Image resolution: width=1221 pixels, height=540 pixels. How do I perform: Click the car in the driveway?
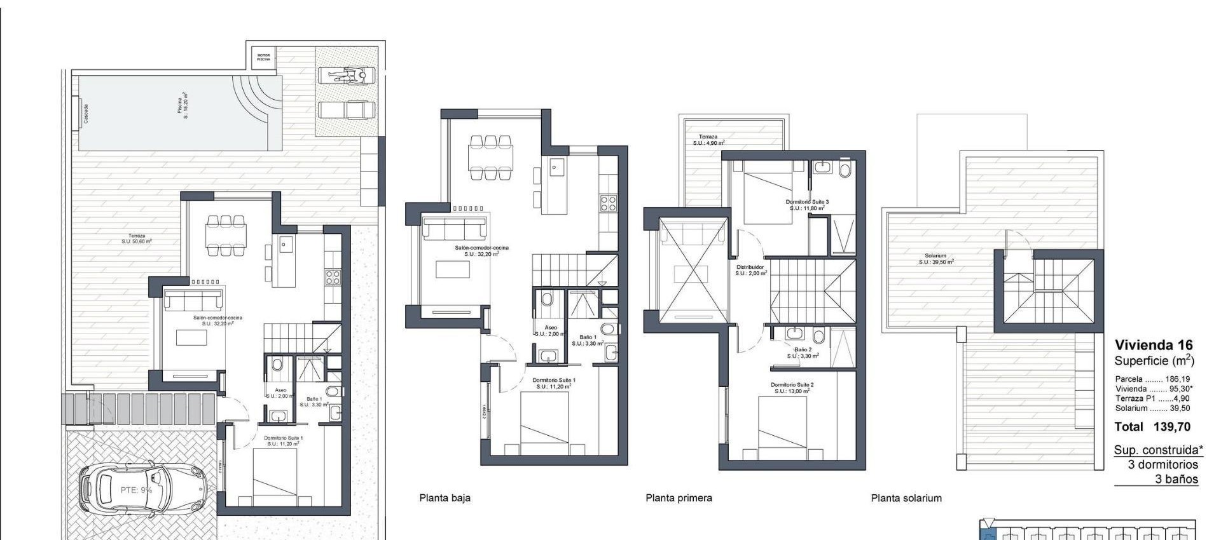click(x=143, y=490)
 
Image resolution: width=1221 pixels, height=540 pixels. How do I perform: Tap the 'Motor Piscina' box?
click(x=263, y=57)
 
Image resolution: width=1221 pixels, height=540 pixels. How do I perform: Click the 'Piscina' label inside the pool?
click(x=182, y=105)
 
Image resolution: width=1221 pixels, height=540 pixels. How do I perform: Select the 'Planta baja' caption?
click(x=445, y=498)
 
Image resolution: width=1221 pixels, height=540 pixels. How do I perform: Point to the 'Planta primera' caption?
click(x=679, y=498)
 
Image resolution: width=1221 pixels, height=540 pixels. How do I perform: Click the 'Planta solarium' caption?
click(x=906, y=498)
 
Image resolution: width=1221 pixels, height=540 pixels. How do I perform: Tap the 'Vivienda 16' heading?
click(x=1154, y=346)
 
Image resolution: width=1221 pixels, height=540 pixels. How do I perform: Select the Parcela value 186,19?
click(x=1177, y=379)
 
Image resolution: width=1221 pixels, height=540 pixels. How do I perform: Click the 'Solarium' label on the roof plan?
click(x=935, y=259)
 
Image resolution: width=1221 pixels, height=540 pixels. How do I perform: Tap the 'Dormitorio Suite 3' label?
click(x=807, y=205)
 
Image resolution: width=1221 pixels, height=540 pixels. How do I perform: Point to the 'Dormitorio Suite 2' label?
click(x=792, y=388)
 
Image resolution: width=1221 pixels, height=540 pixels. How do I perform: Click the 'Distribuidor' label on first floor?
click(x=750, y=270)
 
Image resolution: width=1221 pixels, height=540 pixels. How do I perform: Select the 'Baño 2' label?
click(x=803, y=353)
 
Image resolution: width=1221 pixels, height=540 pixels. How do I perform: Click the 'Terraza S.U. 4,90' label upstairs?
click(x=708, y=140)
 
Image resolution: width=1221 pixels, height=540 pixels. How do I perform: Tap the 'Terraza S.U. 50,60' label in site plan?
click(x=137, y=238)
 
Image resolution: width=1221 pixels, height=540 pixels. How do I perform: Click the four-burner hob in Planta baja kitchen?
click(x=608, y=203)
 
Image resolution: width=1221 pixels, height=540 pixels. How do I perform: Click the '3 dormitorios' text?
click(x=1162, y=464)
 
